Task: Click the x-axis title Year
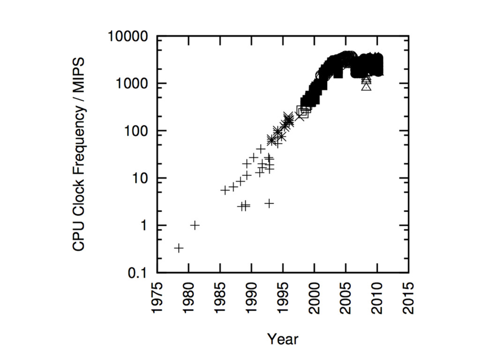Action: click(283, 338)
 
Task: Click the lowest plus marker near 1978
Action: click(179, 248)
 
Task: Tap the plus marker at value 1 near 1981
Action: click(195, 225)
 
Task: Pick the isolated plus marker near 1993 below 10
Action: click(269, 203)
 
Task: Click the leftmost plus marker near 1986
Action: click(225, 190)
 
